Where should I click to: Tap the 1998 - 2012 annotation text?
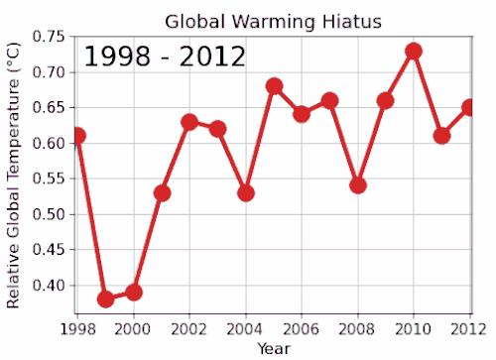tap(164, 57)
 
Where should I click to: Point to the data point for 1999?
tap(106, 299)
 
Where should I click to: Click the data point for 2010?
tap(414, 51)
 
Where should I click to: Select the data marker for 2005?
tap(274, 86)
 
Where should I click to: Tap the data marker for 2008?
tap(358, 185)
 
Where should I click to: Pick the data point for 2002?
tap(189, 122)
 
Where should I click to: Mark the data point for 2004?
tap(246, 192)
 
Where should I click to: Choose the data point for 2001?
tap(162, 192)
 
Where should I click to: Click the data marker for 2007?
tap(330, 100)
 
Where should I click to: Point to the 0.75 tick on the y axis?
tap(49, 38)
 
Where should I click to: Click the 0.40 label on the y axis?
tap(49, 286)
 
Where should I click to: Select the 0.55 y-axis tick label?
tap(49, 180)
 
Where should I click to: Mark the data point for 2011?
tap(441, 136)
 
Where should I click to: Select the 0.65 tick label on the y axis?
tap(49, 108)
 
